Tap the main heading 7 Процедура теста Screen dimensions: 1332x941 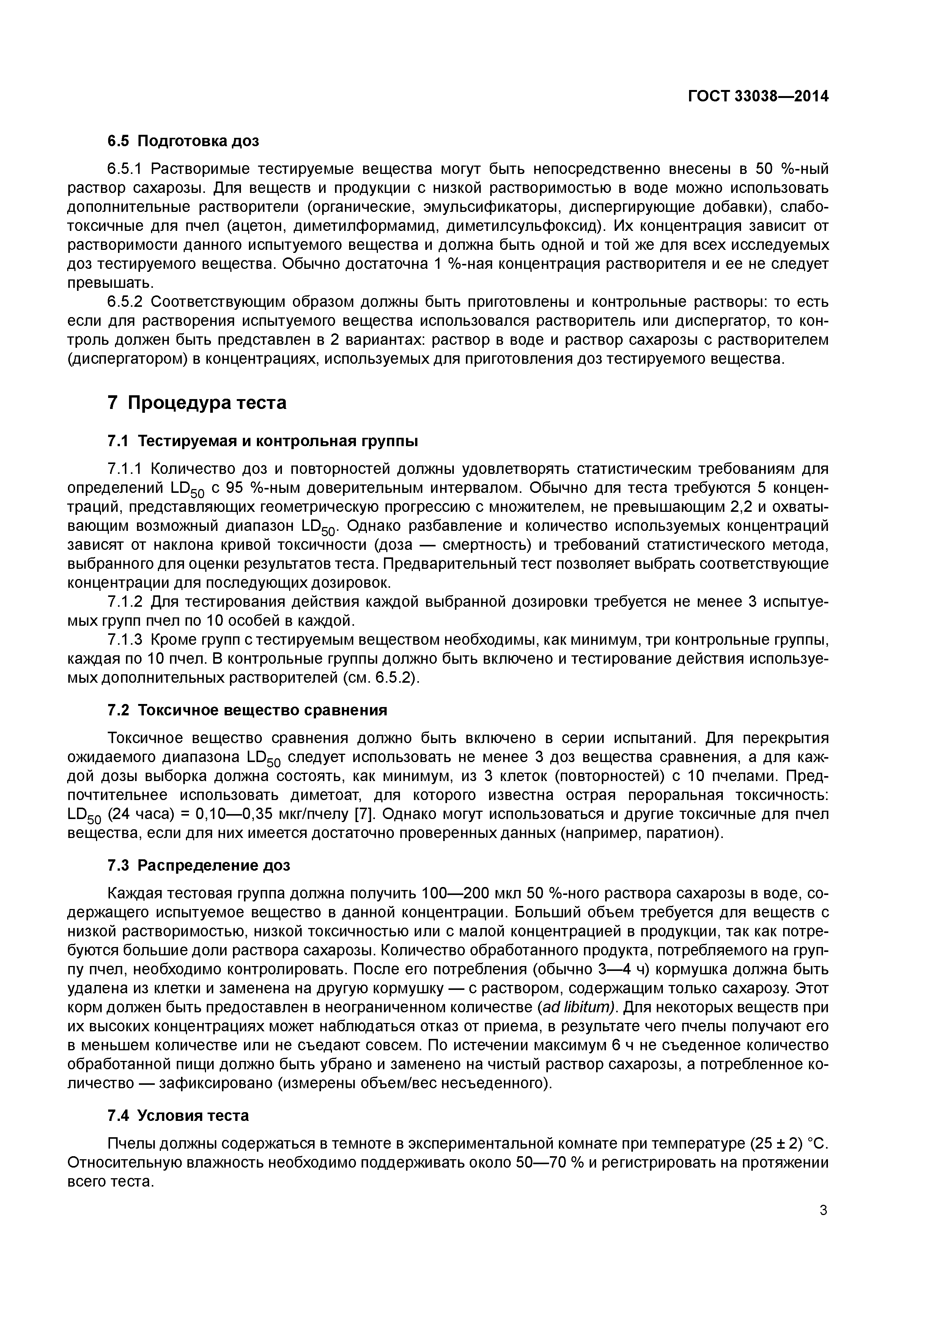pyautogui.click(x=197, y=402)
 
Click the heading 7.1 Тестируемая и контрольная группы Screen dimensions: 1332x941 pyautogui.click(x=263, y=441)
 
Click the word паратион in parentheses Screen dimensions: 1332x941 pyautogui.click(x=682, y=833)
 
